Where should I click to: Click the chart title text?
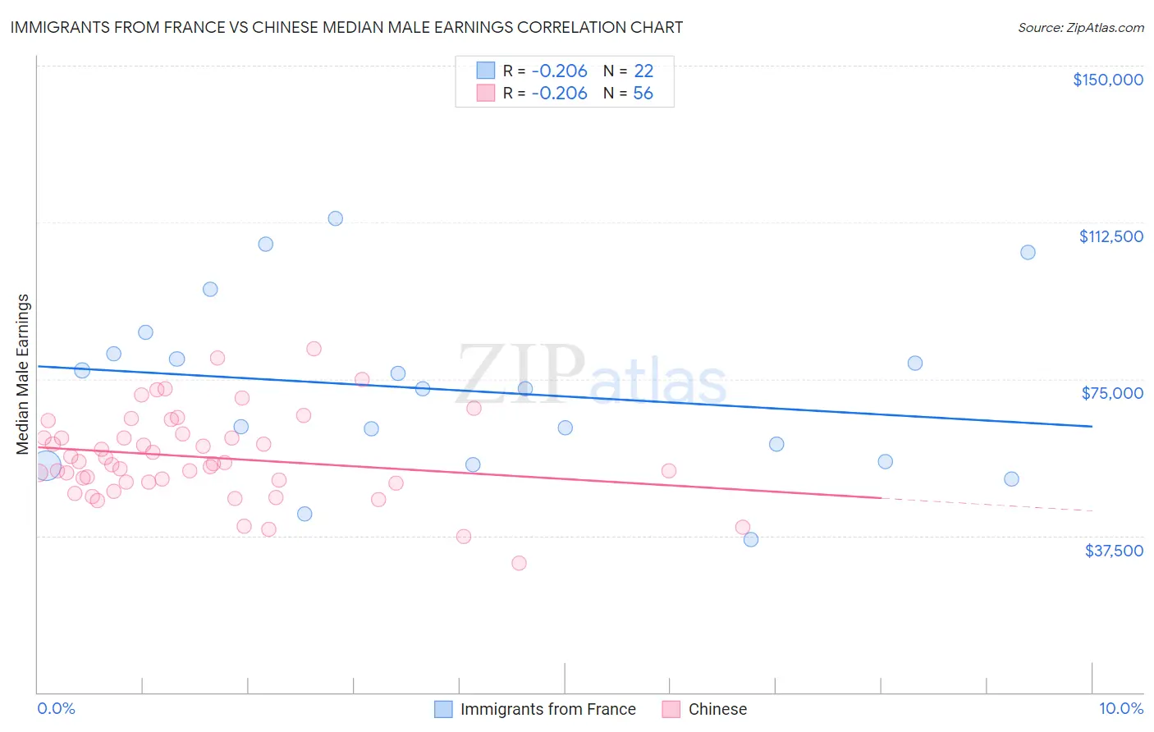coord(346,28)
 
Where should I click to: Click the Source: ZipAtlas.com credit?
coord(1080,28)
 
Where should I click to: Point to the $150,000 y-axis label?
coord(1107,80)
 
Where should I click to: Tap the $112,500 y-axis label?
coord(1110,236)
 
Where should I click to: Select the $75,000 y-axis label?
coord(1112,393)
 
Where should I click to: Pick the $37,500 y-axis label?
coord(1114,551)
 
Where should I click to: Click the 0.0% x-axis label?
coord(56,708)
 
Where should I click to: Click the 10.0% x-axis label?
coord(1120,708)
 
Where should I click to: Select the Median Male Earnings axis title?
coord(23,374)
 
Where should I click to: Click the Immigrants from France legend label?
coord(547,709)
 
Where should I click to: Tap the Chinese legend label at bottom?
coord(717,709)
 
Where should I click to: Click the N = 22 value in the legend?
coord(628,71)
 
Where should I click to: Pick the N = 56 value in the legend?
coord(628,94)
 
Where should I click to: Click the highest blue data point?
coord(336,218)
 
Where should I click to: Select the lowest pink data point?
coord(519,563)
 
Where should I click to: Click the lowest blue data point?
coord(751,539)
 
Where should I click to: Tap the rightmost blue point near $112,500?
coord(1028,252)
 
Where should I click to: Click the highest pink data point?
coord(314,349)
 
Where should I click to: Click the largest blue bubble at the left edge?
coord(46,465)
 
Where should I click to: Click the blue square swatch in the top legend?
coord(486,71)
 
